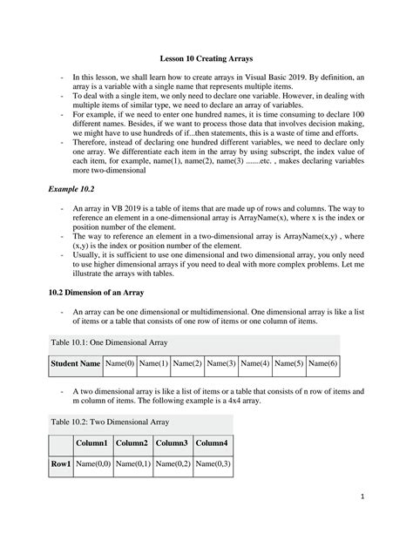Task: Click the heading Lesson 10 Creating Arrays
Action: tap(206, 58)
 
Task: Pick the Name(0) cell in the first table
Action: tap(118, 362)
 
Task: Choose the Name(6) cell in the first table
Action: tap(322, 362)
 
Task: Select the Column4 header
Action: tap(212, 443)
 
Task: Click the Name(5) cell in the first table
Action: tap(288, 362)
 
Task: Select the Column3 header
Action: tap(172, 443)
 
